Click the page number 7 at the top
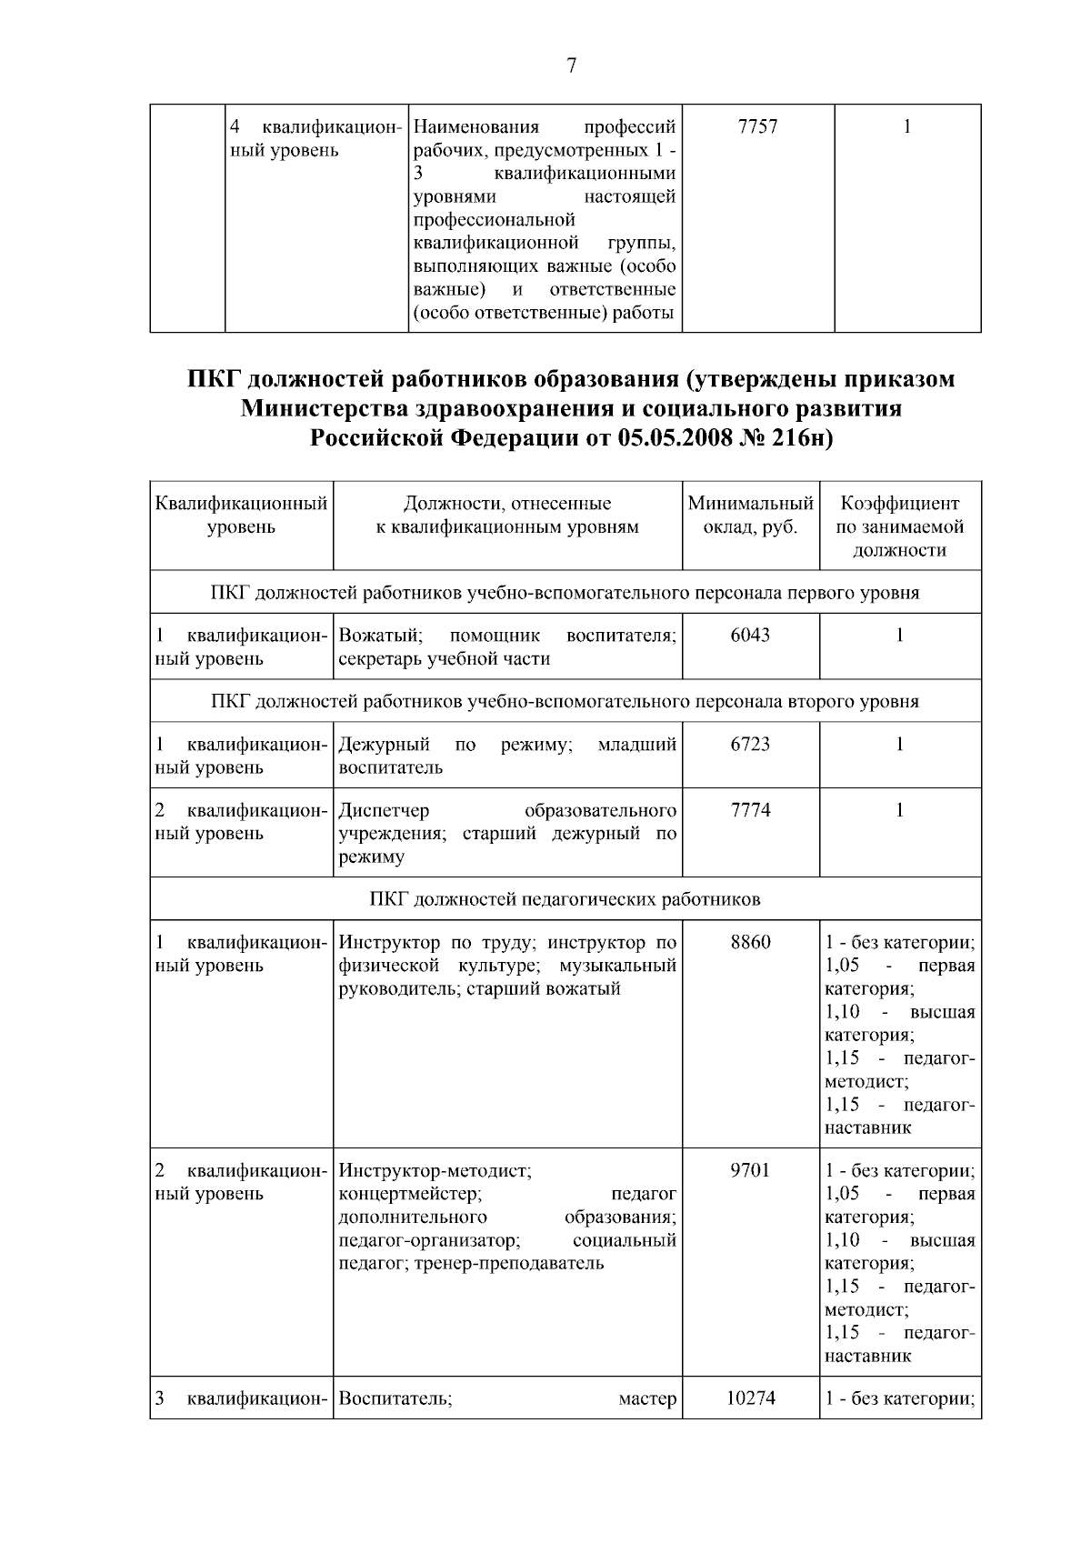pyautogui.click(x=571, y=65)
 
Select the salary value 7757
pyautogui.click(x=757, y=127)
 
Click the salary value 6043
pyautogui.click(x=750, y=636)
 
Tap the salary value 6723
pyautogui.click(x=750, y=745)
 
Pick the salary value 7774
pyautogui.click(x=750, y=810)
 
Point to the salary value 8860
pyautogui.click(x=750, y=942)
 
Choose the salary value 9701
pyautogui.click(x=750, y=1170)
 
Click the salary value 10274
pyautogui.click(x=750, y=1398)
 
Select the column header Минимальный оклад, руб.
pyautogui.click(x=750, y=516)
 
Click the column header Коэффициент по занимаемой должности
pyautogui.click(x=900, y=526)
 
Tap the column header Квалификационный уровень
pyautogui.click(x=241, y=516)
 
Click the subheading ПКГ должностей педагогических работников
pyautogui.click(x=565, y=899)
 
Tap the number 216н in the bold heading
pyautogui.click(x=801, y=438)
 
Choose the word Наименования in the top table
pyautogui.click(x=475, y=127)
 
